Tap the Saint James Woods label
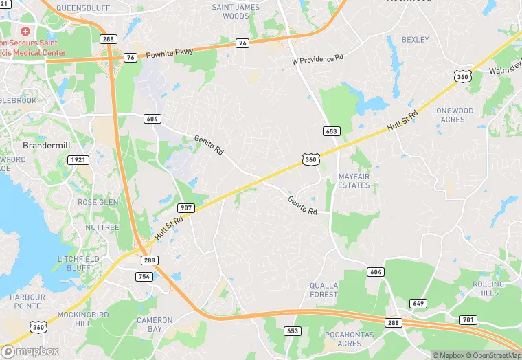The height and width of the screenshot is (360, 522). (x=236, y=11)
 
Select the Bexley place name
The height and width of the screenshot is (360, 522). (x=415, y=40)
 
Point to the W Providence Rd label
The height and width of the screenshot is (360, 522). (x=317, y=60)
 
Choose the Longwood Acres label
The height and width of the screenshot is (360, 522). (x=453, y=115)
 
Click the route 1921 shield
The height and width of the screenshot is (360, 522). (x=78, y=160)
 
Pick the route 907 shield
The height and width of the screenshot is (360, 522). (x=185, y=207)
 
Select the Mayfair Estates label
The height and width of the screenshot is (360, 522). (x=354, y=181)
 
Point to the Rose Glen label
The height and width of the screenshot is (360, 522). (x=98, y=203)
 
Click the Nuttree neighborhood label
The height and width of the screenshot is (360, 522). (x=102, y=227)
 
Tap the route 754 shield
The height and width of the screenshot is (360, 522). (x=144, y=276)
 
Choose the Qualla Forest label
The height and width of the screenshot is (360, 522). (x=324, y=290)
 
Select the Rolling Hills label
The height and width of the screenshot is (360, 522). (x=488, y=289)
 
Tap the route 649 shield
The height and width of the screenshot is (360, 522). (x=418, y=303)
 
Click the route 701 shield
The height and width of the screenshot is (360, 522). (x=468, y=319)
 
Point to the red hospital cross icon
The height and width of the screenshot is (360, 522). (x=26, y=32)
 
